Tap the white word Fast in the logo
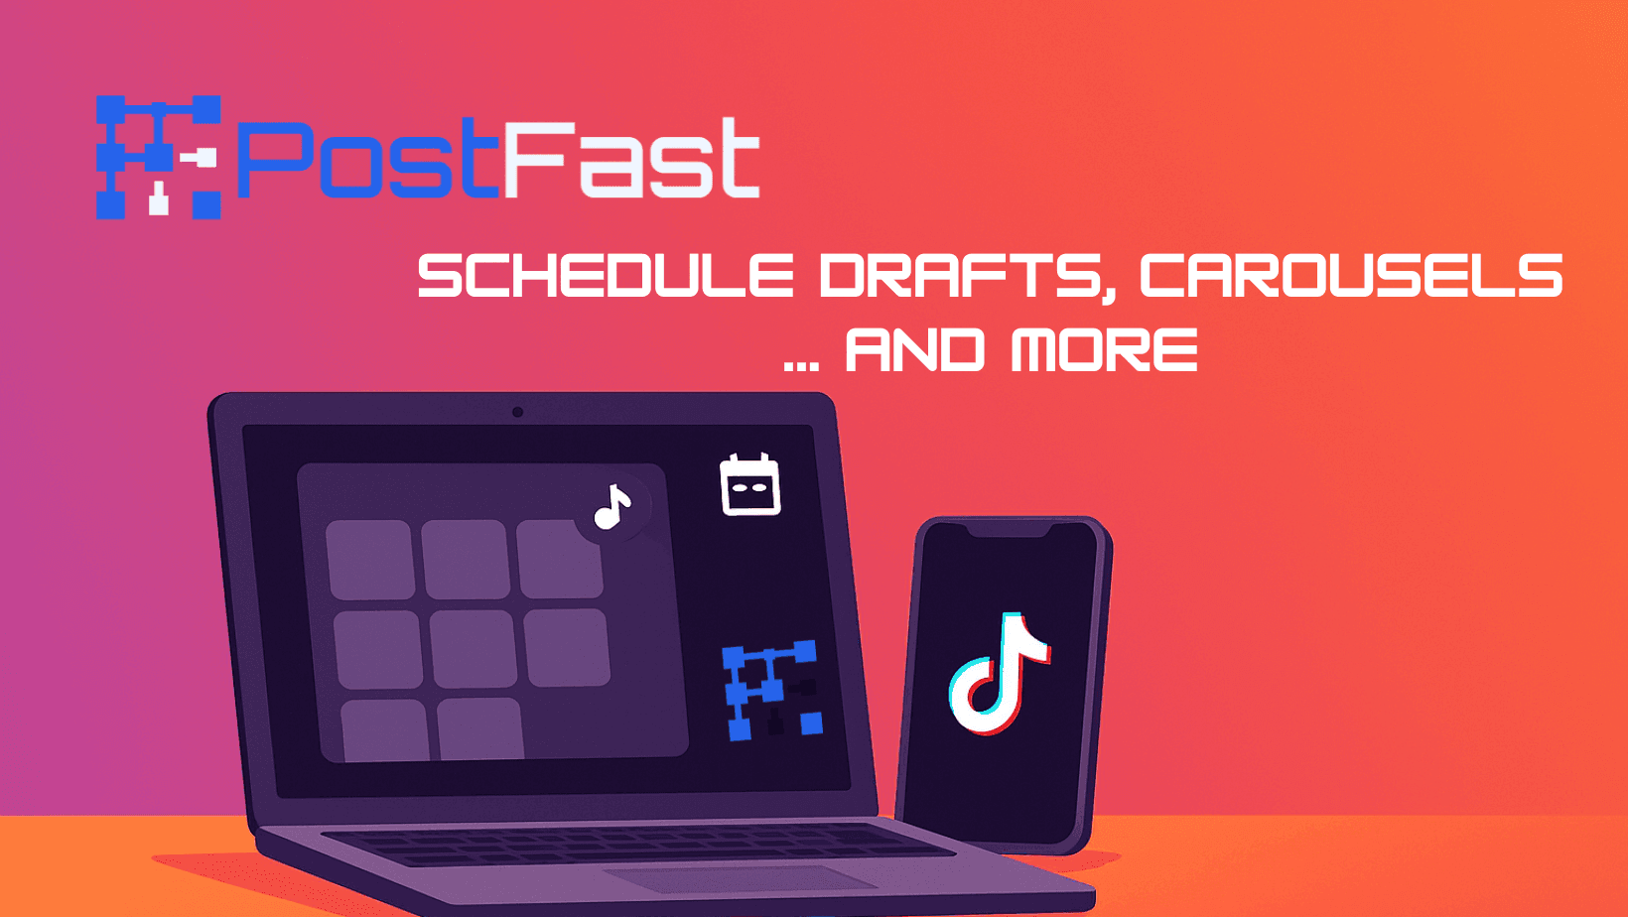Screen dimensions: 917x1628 click(x=631, y=159)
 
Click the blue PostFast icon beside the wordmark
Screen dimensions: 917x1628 click(x=158, y=157)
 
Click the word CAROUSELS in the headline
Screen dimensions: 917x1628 click(x=1351, y=275)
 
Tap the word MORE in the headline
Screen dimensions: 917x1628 click(x=1104, y=350)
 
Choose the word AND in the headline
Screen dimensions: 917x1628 click(x=914, y=350)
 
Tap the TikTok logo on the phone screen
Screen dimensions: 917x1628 click(x=999, y=674)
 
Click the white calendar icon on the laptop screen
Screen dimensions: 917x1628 click(x=750, y=485)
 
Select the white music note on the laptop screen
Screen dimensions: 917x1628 click(x=611, y=507)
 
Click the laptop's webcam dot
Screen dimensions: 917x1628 click(x=517, y=412)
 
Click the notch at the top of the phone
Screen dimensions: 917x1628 click(x=1008, y=530)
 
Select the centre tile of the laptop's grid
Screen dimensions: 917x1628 click(x=474, y=649)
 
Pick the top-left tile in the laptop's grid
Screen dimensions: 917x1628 click(x=370, y=560)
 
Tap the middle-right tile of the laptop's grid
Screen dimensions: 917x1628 click(x=567, y=647)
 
